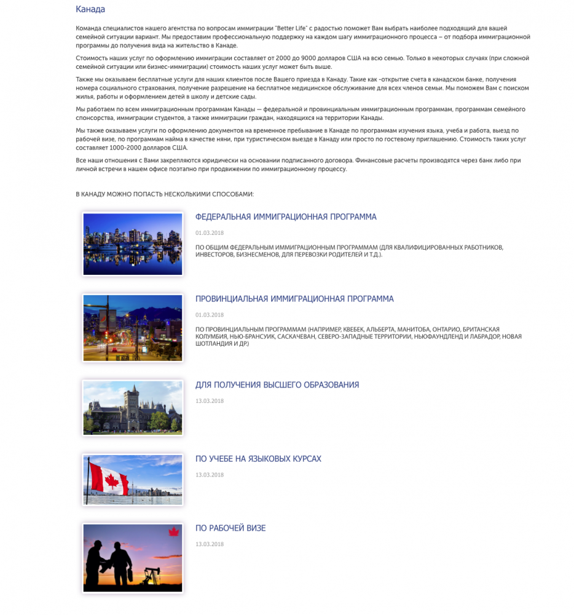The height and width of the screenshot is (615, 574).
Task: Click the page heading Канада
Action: (x=90, y=9)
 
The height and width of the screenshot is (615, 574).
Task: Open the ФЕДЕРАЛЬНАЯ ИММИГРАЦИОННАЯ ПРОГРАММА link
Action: (x=286, y=217)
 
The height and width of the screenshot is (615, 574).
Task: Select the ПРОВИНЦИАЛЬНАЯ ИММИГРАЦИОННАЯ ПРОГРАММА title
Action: (x=294, y=299)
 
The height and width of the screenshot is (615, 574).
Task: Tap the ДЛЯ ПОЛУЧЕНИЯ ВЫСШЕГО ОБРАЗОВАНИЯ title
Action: (x=277, y=385)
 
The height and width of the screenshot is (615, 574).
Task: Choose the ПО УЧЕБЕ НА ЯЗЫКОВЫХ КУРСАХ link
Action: (x=258, y=459)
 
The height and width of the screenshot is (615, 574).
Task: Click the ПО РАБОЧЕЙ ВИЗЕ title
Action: (x=230, y=528)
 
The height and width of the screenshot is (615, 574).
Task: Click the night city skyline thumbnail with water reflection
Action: (x=132, y=244)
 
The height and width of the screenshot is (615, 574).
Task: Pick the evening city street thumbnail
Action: (x=132, y=328)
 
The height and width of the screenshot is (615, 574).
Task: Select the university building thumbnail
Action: (x=132, y=407)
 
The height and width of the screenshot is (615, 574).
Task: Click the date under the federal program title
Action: (x=209, y=233)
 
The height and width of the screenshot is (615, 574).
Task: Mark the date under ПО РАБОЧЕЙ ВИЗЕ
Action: (x=209, y=544)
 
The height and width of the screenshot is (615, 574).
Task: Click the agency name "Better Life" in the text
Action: (x=293, y=29)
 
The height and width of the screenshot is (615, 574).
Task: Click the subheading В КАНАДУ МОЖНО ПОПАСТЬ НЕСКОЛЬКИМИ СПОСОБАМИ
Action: (x=165, y=194)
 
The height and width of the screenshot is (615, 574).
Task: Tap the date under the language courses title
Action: (x=209, y=475)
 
